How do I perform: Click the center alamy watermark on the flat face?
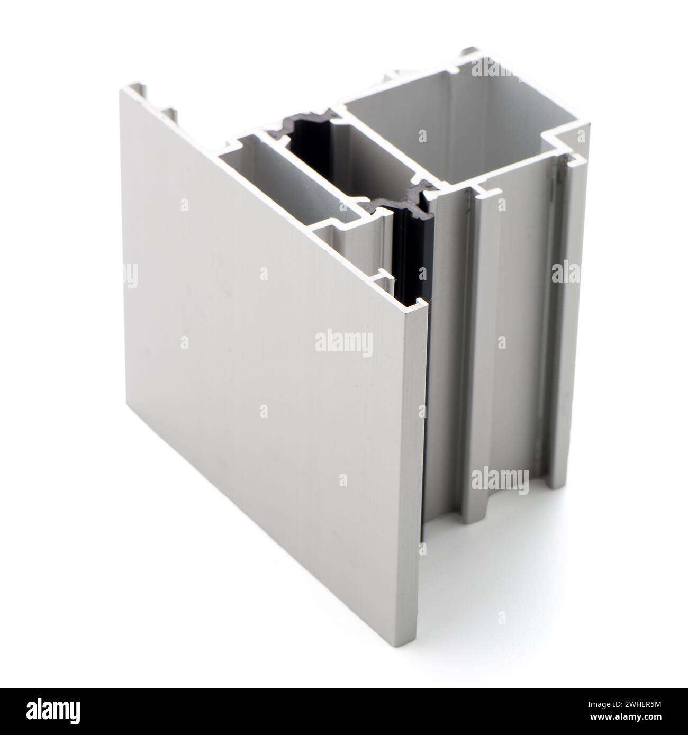pyautogui.click(x=344, y=342)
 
